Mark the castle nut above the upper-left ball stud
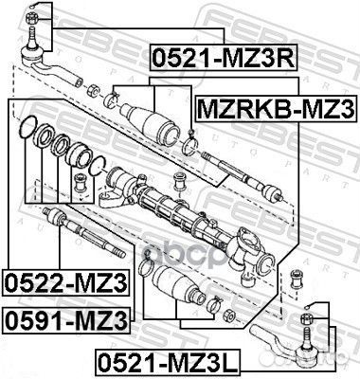click(33, 10)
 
